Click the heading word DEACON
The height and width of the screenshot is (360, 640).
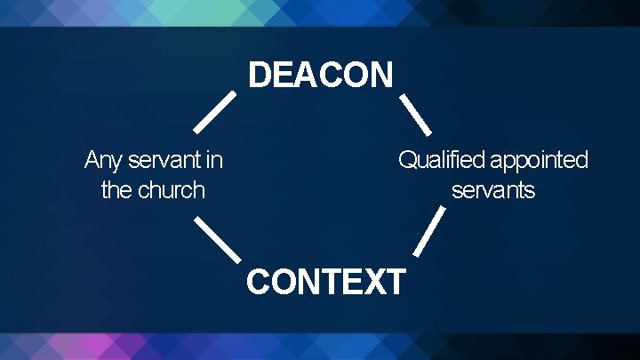[x=320, y=76]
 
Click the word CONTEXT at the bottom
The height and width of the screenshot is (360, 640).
[x=325, y=282]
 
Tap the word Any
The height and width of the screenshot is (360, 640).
[x=104, y=161]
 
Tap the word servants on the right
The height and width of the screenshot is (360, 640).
[x=493, y=190]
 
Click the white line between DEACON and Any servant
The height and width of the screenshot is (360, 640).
[x=214, y=111]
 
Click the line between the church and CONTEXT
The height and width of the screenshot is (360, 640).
[x=217, y=238]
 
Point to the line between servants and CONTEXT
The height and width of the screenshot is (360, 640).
[x=429, y=233]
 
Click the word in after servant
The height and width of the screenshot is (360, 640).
[x=214, y=161]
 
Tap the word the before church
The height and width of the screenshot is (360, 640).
[x=116, y=190]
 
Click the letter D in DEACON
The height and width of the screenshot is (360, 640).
[x=259, y=76]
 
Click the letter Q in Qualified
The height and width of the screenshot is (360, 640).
[x=407, y=161]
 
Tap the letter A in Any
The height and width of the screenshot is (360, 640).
[x=92, y=161]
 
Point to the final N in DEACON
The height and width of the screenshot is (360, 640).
[x=380, y=76]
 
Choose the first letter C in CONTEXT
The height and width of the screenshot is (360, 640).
[x=259, y=282]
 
